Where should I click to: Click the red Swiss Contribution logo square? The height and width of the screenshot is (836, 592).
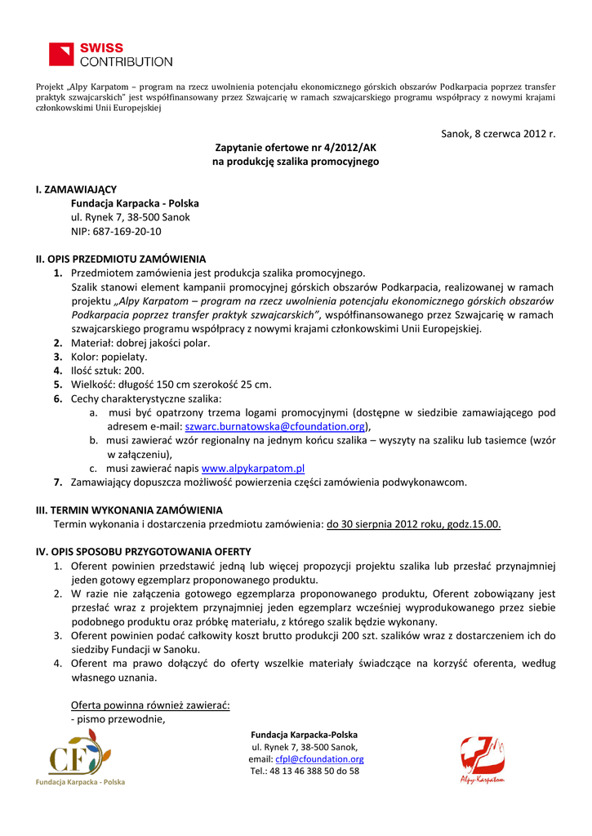coord(62,55)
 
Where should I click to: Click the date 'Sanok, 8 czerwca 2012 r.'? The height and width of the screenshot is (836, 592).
coord(498,133)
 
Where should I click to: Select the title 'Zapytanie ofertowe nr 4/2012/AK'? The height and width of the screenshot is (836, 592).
coord(296,148)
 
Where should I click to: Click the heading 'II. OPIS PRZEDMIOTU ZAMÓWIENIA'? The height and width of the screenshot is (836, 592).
coord(121,259)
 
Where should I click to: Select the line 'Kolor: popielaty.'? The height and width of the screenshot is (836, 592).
coord(109,357)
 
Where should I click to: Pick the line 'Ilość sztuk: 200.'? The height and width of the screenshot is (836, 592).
coord(108,371)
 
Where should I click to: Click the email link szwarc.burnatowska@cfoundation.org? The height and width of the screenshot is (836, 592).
coord(275,426)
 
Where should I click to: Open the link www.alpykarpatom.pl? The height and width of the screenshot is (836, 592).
coord(253,468)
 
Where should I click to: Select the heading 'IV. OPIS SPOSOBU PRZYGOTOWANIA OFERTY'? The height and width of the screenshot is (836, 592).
coord(143,551)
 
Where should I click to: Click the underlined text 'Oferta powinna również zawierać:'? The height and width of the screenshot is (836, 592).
coord(150,705)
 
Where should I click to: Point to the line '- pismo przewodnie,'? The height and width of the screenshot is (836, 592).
coord(118,718)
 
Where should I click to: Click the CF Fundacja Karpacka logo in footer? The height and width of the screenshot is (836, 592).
coord(78,757)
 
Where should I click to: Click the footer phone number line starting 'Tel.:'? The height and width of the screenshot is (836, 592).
coord(305,771)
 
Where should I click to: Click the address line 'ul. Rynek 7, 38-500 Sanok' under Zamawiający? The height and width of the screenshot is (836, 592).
coord(131,217)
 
